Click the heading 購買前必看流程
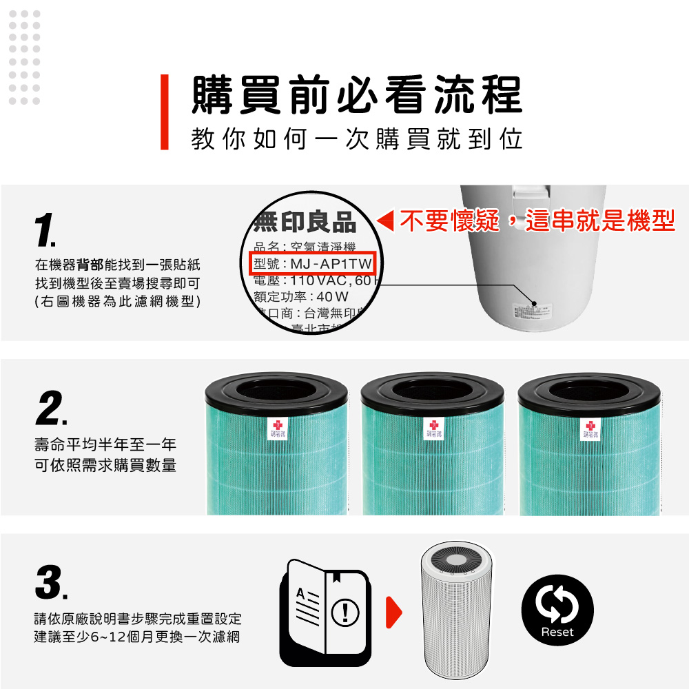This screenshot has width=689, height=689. pos(356,95)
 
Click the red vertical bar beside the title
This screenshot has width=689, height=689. pos(164,112)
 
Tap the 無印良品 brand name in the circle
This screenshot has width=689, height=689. pos(305,223)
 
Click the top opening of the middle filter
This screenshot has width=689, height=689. pos(433,391)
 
